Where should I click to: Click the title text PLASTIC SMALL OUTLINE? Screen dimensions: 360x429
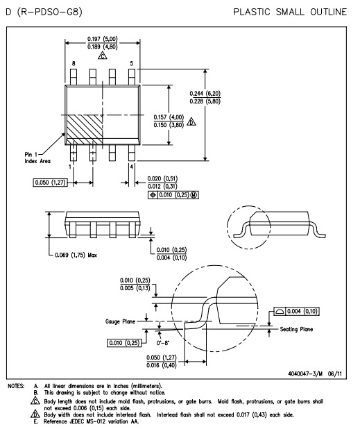[290, 12]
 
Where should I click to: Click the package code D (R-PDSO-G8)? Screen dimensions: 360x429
[44, 12]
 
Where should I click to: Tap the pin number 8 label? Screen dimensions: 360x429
[74, 63]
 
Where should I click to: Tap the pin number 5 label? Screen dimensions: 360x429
[132, 63]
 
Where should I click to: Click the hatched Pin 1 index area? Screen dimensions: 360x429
[85, 129]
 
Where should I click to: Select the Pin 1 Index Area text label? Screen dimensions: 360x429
[37, 158]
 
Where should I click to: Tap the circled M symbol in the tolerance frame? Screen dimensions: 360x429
[194, 195]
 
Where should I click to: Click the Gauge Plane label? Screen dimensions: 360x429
[120, 321]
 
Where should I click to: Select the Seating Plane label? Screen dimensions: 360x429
[296, 329]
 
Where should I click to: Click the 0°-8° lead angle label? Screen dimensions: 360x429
[163, 343]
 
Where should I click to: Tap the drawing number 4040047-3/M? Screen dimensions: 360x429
[305, 373]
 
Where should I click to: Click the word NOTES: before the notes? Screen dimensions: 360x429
[16, 386]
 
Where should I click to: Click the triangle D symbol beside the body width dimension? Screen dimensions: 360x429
[191, 121]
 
